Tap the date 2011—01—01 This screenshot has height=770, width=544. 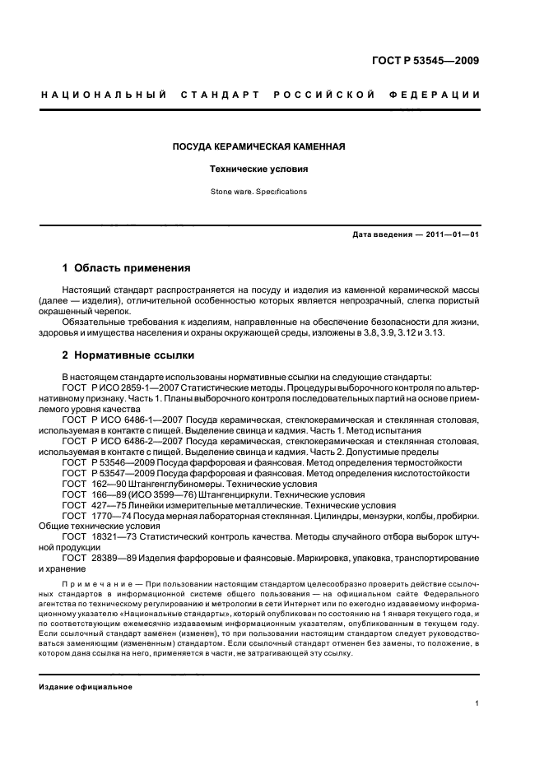coord(452,234)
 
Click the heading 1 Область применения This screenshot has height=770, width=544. coord(127,268)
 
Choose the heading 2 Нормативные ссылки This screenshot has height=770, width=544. coord(128,355)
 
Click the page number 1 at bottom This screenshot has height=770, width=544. coord(477,703)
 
